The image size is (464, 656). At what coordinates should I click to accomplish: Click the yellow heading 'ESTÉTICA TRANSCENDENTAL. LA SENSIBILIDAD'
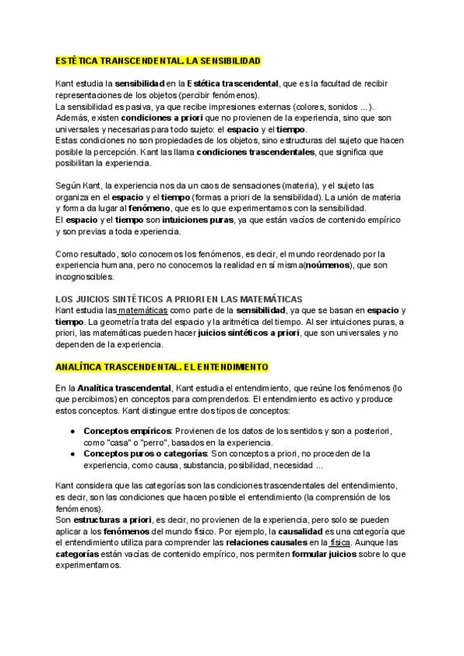(x=159, y=60)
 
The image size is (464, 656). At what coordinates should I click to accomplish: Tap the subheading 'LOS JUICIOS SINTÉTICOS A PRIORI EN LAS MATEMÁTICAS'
(x=179, y=299)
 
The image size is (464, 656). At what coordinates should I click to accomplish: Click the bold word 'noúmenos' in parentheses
(x=327, y=265)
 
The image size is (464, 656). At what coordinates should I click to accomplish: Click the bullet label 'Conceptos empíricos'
(x=127, y=430)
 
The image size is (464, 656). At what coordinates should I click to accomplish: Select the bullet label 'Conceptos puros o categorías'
(x=145, y=453)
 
